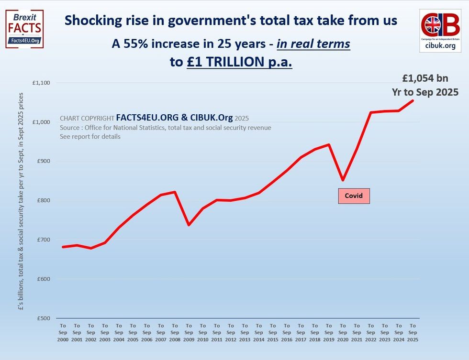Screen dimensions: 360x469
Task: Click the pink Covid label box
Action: click(x=354, y=196)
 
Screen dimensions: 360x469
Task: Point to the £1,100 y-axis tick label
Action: click(x=41, y=83)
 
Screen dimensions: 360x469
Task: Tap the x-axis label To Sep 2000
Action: click(x=63, y=329)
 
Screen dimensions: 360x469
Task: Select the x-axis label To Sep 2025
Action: click(x=413, y=329)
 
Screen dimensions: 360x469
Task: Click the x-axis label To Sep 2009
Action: click(x=189, y=329)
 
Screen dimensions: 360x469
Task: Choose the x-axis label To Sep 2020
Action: click(x=343, y=329)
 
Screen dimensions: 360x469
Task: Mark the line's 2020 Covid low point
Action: click(x=343, y=180)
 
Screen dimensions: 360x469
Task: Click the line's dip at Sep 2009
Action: click(x=189, y=225)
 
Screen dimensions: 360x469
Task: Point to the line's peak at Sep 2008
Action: click(x=175, y=192)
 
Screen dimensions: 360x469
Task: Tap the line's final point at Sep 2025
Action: click(x=413, y=100)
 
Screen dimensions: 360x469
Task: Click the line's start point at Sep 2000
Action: click(x=63, y=247)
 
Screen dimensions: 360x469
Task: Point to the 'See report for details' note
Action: click(x=90, y=136)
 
